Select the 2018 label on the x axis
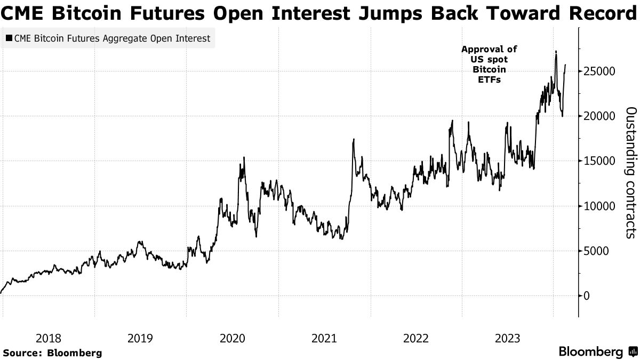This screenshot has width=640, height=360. [x=49, y=338]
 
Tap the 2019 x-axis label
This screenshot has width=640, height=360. [x=140, y=338]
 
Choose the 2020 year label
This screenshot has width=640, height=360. [x=232, y=338]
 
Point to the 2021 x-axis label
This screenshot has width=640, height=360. [x=324, y=338]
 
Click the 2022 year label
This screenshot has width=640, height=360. [x=415, y=338]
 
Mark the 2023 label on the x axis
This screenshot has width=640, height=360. [x=507, y=338]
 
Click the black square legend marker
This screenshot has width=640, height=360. [x=9, y=38]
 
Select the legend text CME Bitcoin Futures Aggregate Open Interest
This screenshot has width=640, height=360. [x=112, y=38]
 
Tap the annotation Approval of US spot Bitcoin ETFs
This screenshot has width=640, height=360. [x=489, y=65]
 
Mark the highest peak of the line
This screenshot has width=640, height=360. [x=556, y=51]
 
